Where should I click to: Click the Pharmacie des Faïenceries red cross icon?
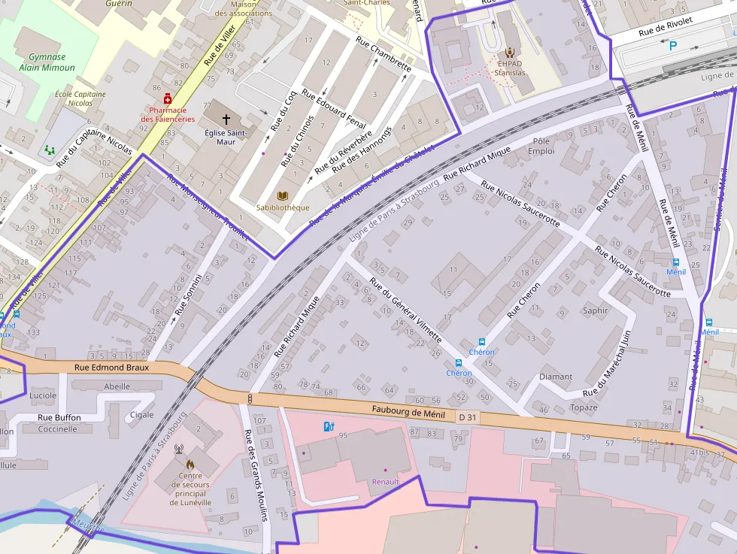click(167, 98)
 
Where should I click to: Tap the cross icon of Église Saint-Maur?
click(226, 119)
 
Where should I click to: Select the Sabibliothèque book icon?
click(283, 195)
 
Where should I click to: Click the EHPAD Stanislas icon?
click(510, 52)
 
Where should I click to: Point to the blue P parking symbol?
click(673, 46)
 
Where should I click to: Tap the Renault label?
click(385, 481)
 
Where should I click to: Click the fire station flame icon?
click(190, 465)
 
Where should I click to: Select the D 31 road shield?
click(467, 416)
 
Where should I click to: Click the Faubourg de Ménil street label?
click(408, 411)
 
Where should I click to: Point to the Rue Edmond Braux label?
click(112, 368)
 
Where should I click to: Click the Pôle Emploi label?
click(541, 146)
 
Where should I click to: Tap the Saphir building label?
click(595, 310)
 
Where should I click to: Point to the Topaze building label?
click(584, 407)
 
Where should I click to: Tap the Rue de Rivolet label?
click(665, 28)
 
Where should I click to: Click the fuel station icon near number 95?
click(328, 427)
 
